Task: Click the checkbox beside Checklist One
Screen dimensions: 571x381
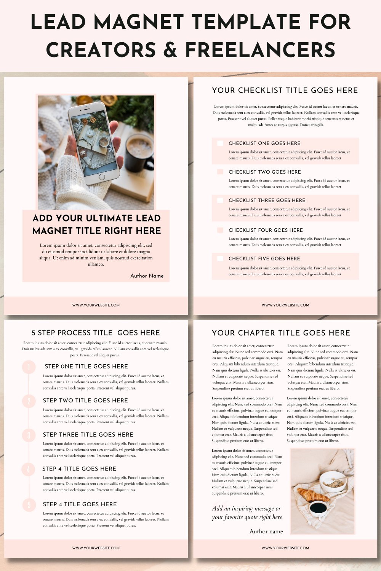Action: (x=220, y=143)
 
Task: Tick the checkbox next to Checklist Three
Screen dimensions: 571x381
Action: (x=220, y=200)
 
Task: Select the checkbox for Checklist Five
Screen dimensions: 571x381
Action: (x=220, y=258)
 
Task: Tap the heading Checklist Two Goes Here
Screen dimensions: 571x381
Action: (x=264, y=172)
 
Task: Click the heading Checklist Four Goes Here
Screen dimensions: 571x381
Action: (x=266, y=230)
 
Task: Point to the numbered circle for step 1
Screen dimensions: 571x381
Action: (x=29, y=367)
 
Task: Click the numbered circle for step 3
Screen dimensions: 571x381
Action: (x=29, y=435)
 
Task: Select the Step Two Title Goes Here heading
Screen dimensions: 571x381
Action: (x=85, y=400)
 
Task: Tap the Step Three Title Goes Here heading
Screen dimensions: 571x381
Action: (x=88, y=435)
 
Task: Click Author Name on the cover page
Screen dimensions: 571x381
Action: (x=147, y=276)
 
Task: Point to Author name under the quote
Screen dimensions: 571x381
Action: (x=266, y=531)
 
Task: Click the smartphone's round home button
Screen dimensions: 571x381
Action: (x=102, y=177)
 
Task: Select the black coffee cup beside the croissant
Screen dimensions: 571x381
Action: (x=318, y=507)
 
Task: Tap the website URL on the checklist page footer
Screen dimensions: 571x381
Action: (x=285, y=305)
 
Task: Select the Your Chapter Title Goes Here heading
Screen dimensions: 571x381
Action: (x=281, y=333)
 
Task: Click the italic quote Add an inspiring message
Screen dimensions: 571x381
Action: (x=247, y=513)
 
